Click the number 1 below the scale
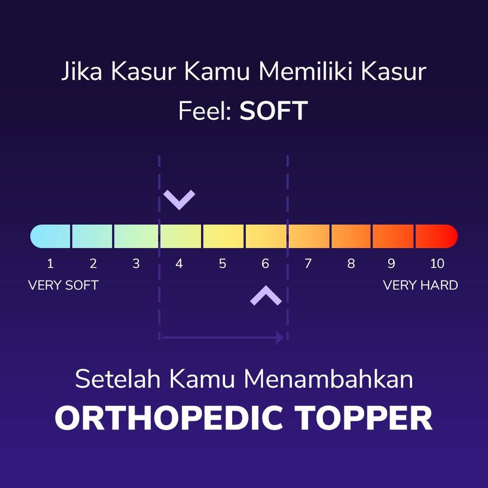click(x=50, y=264)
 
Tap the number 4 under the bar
click(x=179, y=264)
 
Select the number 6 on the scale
click(x=265, y=264)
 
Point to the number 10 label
click(x=437, y=264)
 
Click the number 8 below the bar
click(x=351, y=264)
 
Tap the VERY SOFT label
click(x=63, y=285)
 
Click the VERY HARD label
click(x=420, y=285)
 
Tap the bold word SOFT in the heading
click(x=274, y=111)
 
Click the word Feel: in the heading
click(x=205, y=111)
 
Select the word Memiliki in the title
click(x=306, y=72)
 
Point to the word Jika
click(x=81, y=72)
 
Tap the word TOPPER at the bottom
click(x=363, y=418)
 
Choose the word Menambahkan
click(x=329, y=379)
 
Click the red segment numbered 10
click(x=436, y=236)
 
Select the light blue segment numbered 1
click(x=50, y=236)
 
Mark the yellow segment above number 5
click(x=223, y=236)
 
